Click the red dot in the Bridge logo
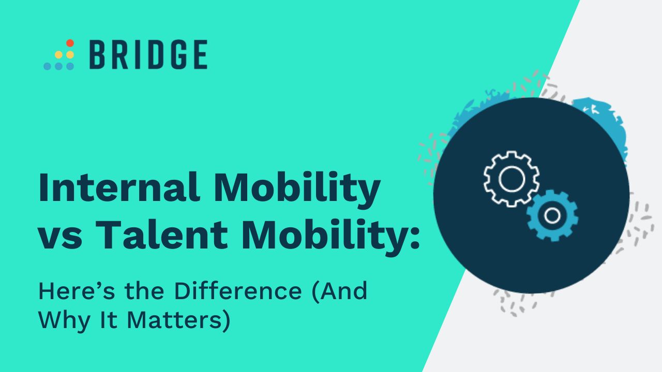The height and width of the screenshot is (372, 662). (x=70, y=43)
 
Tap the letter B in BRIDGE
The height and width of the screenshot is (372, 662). (x=98, y=54)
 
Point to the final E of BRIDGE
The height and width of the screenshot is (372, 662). (x=198, y=54)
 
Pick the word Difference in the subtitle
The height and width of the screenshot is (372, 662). (x=237, y=292)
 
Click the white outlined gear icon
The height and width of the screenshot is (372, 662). (x=511, y=179)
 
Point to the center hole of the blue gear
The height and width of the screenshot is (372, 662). (x=552, y=215)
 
